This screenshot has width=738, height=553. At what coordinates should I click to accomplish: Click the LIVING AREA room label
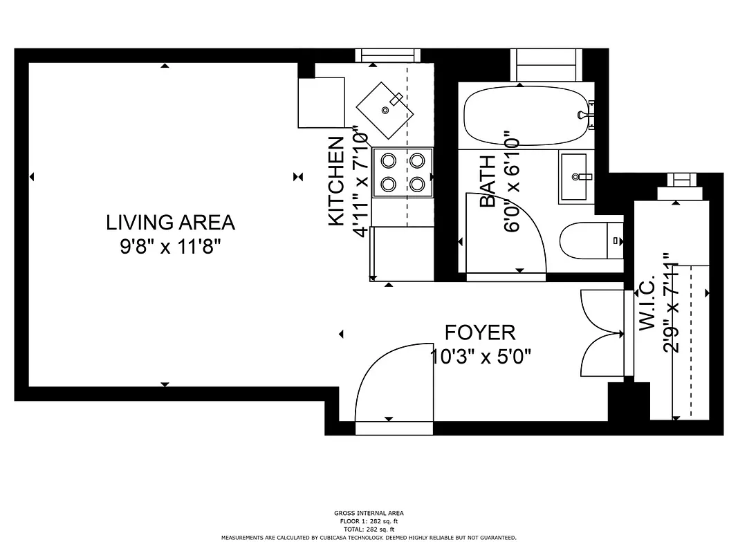[170, 223]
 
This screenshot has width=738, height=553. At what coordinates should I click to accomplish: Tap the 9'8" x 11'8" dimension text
[170, 247]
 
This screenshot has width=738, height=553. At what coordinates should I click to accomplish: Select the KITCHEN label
[336, 181]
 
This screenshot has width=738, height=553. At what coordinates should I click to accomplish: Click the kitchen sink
[385, 109]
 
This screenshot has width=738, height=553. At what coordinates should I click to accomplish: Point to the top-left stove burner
[389, 161]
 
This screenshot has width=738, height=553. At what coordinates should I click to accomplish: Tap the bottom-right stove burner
[416, 185]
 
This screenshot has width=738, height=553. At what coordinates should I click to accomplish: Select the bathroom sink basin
[577, 177]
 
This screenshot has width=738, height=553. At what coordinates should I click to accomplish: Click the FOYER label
[480, 332]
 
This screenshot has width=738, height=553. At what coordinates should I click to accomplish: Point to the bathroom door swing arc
[508, 235]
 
